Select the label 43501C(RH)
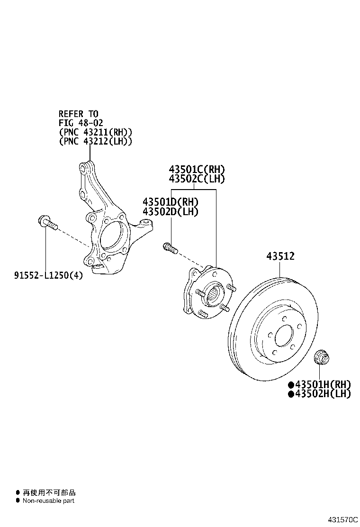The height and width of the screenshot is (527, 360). (x=197, y=169)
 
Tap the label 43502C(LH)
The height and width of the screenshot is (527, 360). (x=197, y=179)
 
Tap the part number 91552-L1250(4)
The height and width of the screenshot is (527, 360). (x=48, y=275)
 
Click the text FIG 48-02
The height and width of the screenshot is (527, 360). (x=81, y=123)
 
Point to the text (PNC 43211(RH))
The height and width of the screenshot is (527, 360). (x=95, y=132)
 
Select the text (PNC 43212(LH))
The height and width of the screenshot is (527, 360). (x=95, y=141)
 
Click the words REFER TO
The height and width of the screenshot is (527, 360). (x=78, y=114)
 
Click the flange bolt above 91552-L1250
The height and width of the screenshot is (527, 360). (x=46, y=222)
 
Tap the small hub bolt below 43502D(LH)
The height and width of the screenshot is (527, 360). (x=170, y=248)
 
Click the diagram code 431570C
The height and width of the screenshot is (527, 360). (x=342, y=519)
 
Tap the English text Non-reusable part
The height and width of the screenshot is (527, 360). (x=48, y=500)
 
